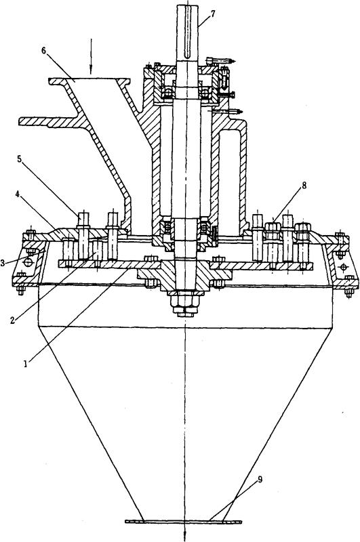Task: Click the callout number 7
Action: click(213, 14)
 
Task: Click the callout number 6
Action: click(43, 50)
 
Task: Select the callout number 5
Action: click(20, 159)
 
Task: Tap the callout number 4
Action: click(18, 194)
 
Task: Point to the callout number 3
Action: click(3, 263)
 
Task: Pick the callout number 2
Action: click(12, 320)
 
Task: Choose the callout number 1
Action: click(25, 364)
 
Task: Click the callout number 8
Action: click(304, 185)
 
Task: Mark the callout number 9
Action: click(260, 480)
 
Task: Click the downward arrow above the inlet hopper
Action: click(92, 56)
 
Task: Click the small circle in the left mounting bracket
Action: click(28, 263)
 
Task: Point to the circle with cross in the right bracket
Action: click(343, 267)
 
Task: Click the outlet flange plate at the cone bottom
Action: click(183, 521)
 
